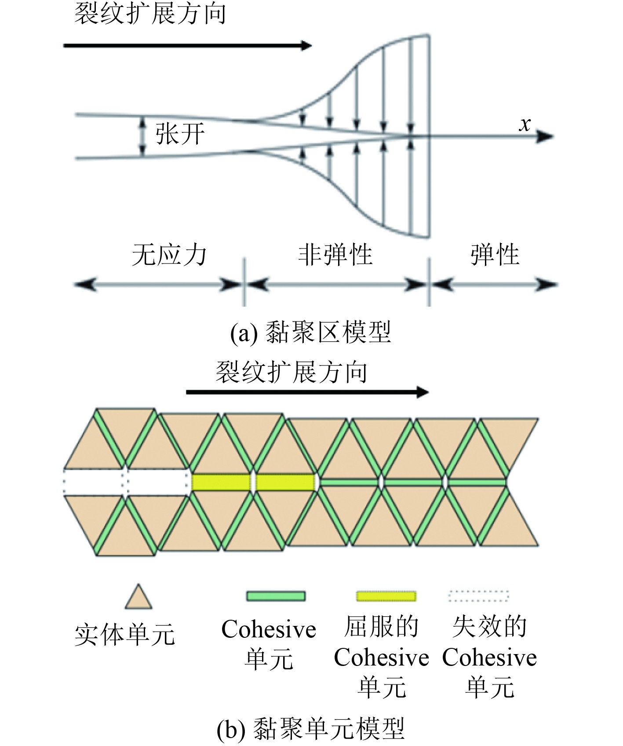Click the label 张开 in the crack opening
(180, 134)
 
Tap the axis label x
(525, 124)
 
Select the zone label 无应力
(169, 255)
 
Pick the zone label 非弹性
(335, 255)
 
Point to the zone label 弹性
(495, 255)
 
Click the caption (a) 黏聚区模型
(310, 332)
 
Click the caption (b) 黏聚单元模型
(310, 728)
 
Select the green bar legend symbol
(276, 596)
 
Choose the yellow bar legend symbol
(386, 596)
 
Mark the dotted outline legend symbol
(478, 596)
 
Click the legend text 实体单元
(125, 635)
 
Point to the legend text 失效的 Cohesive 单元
(489, 657)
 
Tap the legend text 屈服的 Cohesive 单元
(381, 657)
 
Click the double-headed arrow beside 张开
(142, 136)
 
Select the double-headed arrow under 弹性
(494, 285)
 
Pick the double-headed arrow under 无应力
(157, 285)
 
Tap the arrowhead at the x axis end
(545, 137)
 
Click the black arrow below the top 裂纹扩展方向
(188, 45)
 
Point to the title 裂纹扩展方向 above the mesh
(291, 372)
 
